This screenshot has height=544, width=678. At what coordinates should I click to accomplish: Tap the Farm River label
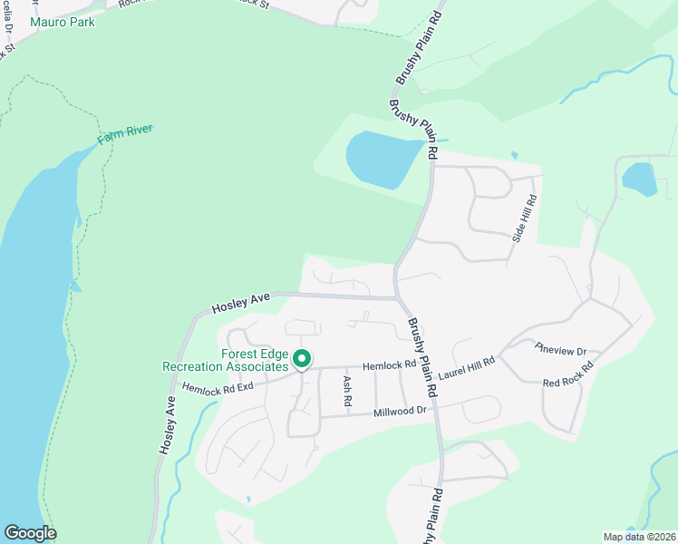125,134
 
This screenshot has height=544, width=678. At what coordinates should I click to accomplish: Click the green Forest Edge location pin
303,360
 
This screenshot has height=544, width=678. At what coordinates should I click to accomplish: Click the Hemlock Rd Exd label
218,387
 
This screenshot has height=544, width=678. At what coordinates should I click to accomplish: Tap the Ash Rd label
347,391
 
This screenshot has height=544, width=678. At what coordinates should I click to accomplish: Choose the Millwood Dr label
400,412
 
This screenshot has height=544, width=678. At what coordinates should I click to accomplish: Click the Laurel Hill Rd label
467,367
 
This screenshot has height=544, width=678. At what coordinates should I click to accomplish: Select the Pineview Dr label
561,349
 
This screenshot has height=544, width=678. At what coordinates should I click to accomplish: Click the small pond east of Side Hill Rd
640,179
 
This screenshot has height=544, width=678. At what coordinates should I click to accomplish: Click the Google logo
30,533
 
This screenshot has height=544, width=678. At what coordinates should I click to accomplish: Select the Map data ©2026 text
639,537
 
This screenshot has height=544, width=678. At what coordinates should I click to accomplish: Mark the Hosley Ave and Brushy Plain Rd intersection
397,296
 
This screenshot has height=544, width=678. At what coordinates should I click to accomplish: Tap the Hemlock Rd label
389,365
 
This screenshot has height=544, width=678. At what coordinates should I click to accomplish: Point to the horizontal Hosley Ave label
241,303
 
